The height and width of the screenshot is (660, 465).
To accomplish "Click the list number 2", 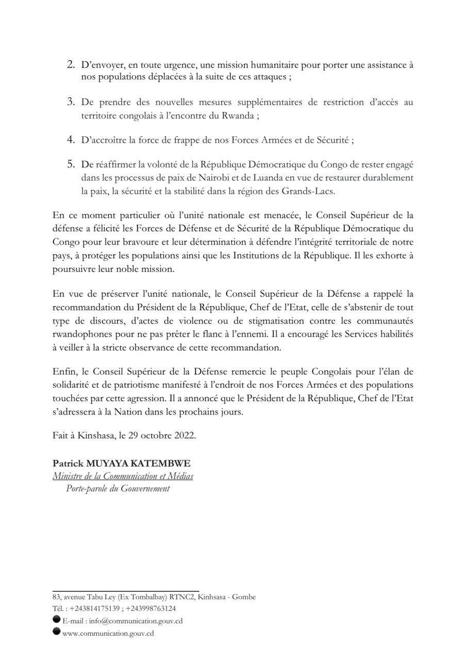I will (71, 65).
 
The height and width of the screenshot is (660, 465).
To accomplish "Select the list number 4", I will (71, 139).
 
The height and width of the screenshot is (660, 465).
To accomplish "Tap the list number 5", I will (71, 164).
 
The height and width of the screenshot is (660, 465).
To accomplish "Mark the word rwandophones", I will (78, 334).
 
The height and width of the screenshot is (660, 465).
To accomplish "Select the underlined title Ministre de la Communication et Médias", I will (123, 476).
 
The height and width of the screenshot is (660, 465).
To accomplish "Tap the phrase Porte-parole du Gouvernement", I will (118, 489).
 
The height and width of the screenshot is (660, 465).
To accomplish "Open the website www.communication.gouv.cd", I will (108, 634).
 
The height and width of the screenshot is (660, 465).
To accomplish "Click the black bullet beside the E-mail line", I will (56, 620).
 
